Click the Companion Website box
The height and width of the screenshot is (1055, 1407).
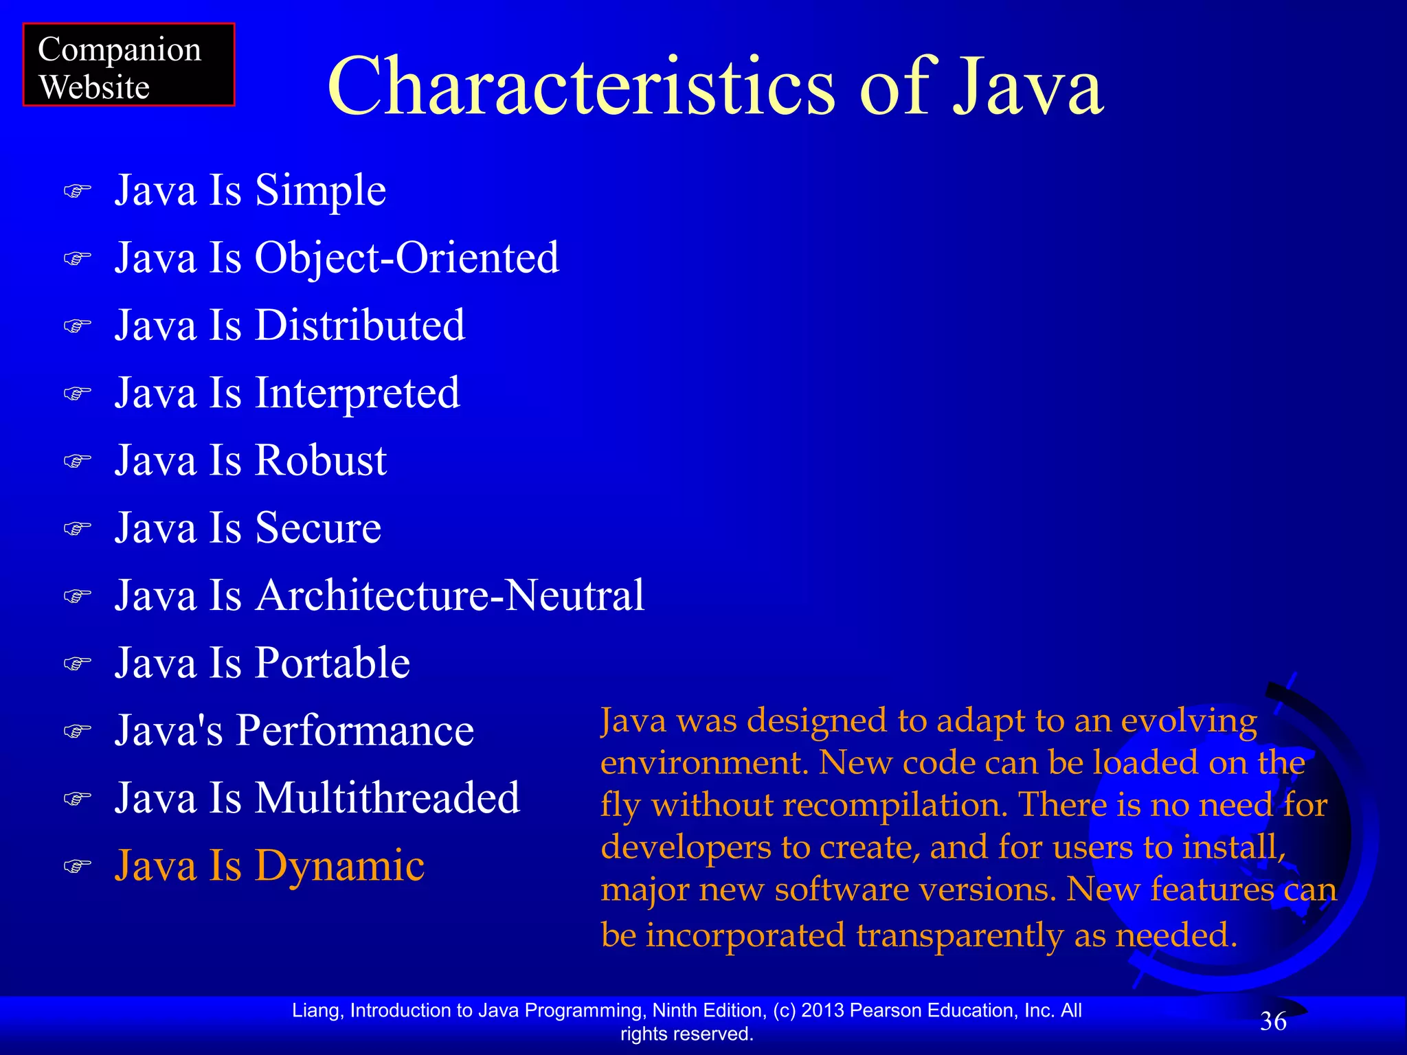(128, 65)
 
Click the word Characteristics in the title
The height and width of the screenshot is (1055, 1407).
(581, 88)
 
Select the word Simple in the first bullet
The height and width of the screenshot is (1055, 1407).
(320, 190)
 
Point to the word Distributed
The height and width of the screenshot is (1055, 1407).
(360, 326)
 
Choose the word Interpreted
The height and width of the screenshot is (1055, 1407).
(357, 394)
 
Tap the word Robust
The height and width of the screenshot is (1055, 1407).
(321, 460)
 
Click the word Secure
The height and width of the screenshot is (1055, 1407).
(318, 528)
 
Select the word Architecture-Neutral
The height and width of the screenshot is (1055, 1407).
(450, 595)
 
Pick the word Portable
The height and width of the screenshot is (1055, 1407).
(333, 663)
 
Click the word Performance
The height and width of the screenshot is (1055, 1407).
(355, 730)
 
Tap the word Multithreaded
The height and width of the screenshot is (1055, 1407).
(387, 798)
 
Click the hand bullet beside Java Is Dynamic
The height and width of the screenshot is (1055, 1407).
(77, 865)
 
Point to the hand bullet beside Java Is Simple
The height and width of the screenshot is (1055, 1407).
(77, 190)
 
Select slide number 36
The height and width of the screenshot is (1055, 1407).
(1273, 1021)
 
